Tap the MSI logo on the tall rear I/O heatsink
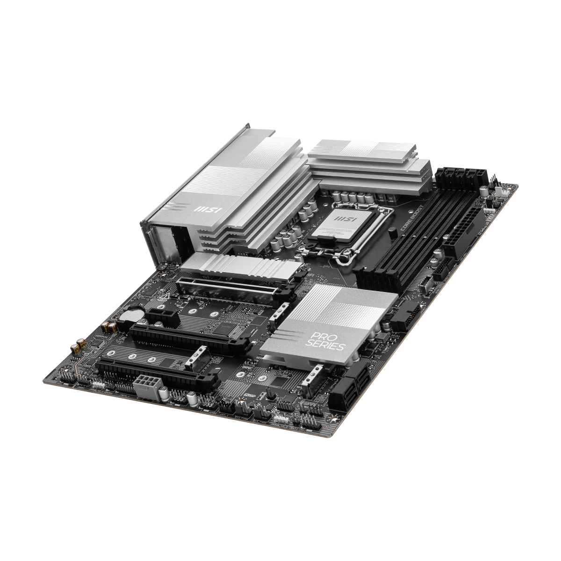coord(209,209)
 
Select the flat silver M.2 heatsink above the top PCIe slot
coord(238,267)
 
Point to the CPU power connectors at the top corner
coord(459,176)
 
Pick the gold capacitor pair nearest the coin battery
coord(108,326)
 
